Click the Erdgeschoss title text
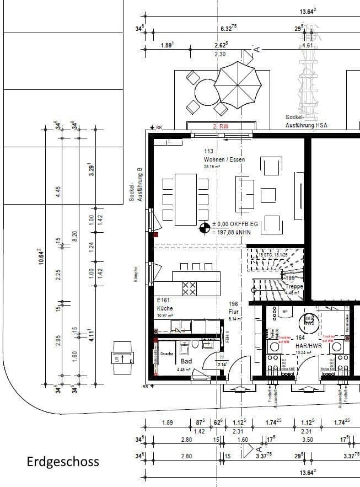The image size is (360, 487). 63,461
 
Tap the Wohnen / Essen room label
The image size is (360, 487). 224,159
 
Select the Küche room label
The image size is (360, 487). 165,308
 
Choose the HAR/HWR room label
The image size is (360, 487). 308,346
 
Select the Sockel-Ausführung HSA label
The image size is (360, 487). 306,121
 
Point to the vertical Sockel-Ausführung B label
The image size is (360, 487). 136,184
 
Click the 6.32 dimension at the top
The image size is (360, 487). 228,28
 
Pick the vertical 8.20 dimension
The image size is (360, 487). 76,239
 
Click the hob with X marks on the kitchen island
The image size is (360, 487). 189,288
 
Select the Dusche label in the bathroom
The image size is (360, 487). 167,354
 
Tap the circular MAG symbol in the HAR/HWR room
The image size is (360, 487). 309,320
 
